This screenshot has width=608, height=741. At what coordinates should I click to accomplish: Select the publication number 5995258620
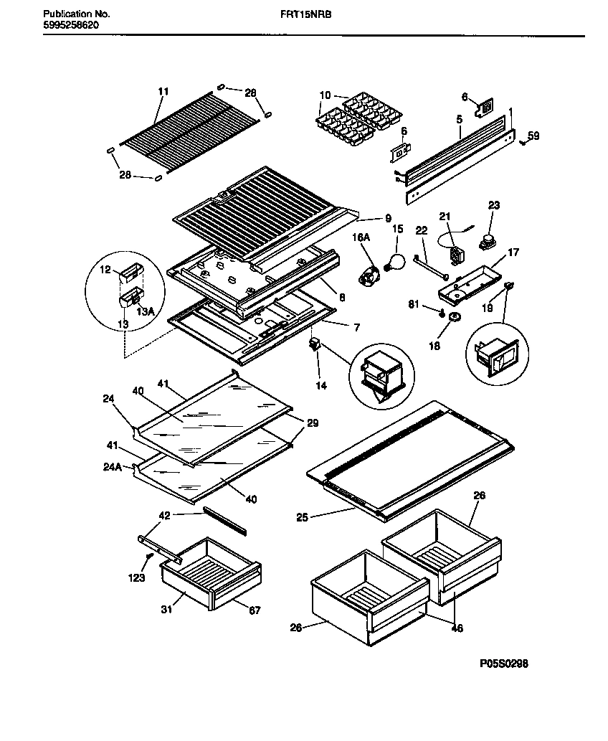pyautogui.click(x=70, y=24)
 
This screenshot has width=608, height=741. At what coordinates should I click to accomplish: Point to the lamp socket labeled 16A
pyautogui.click(x=371, y=275)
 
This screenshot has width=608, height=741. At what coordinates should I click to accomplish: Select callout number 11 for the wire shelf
pyautogui.click(x=163, y=91)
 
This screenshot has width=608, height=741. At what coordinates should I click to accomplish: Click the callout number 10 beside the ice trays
pyautogui.click(x=325, y=95)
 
